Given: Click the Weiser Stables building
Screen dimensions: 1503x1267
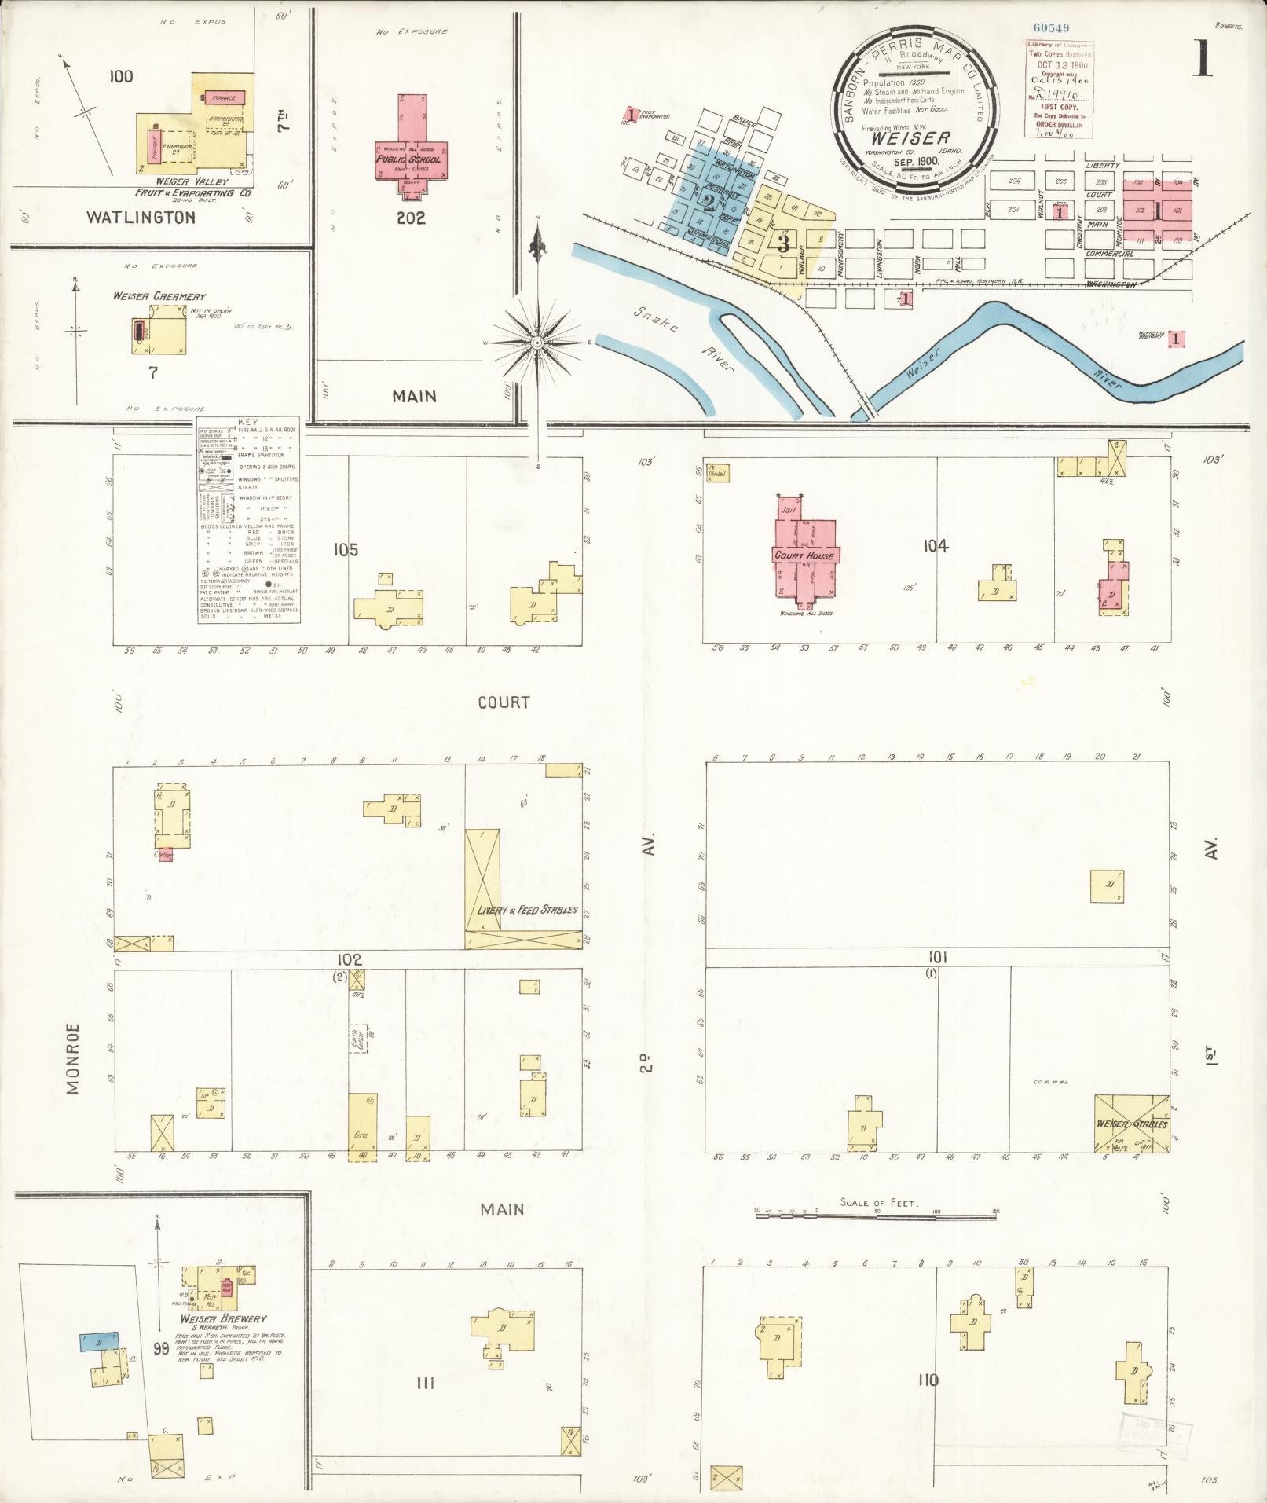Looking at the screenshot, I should tap(1131, 1124).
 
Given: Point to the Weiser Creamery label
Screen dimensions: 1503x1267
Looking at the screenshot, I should tap(159, 296).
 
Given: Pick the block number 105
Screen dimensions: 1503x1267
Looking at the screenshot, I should tap(345, 550).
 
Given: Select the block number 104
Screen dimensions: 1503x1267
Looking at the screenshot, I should tap(936, 546).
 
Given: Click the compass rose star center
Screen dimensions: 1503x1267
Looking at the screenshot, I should tap(537, 343).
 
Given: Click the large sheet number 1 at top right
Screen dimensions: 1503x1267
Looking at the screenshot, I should tap(1201, 60).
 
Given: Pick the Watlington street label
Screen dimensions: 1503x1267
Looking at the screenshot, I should tap(141, 218).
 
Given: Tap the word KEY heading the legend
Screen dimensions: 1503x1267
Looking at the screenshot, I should tap(247, 422).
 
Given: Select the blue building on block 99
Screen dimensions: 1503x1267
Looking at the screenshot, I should tap(99, 1340).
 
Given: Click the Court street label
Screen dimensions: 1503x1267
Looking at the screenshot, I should tap(504, 702).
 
